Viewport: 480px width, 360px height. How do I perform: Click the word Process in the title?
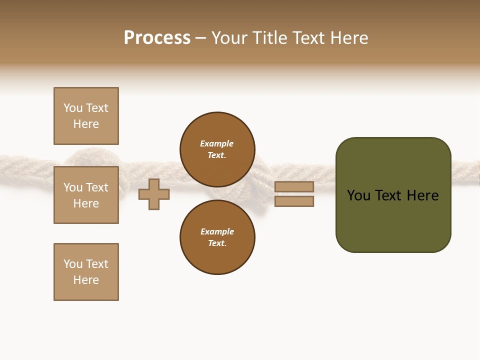point(157,38)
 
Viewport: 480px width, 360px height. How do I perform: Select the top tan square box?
point(86,116)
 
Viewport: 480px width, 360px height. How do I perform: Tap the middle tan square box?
point(86,195)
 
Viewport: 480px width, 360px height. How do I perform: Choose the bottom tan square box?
point(86,272)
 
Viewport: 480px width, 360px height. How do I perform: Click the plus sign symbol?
point(154,194)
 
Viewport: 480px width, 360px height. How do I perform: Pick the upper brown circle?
point(217,149)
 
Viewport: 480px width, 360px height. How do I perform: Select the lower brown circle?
point(217,237)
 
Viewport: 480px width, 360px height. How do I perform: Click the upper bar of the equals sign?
point(294,186)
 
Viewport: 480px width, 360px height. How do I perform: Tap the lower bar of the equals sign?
point(294,201)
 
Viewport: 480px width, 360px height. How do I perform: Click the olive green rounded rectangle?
point(393,195)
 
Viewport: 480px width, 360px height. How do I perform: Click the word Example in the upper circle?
point(217,143)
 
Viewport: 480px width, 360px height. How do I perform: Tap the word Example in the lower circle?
point(217,231)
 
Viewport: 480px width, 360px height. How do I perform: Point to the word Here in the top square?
point(86,124)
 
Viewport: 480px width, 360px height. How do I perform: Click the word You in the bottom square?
point(72,264)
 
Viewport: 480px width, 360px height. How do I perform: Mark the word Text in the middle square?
point(97,187)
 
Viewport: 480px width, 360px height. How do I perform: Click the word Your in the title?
point(230,38)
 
